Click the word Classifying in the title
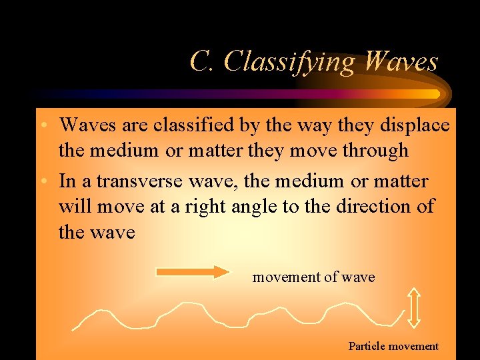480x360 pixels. (291, 62)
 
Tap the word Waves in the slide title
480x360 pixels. (402, 61)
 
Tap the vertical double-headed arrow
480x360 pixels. (414, 307)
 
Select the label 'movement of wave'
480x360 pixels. (313, 277)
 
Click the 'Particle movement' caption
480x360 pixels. (393, 346)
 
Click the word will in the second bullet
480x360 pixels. (75, 207)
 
